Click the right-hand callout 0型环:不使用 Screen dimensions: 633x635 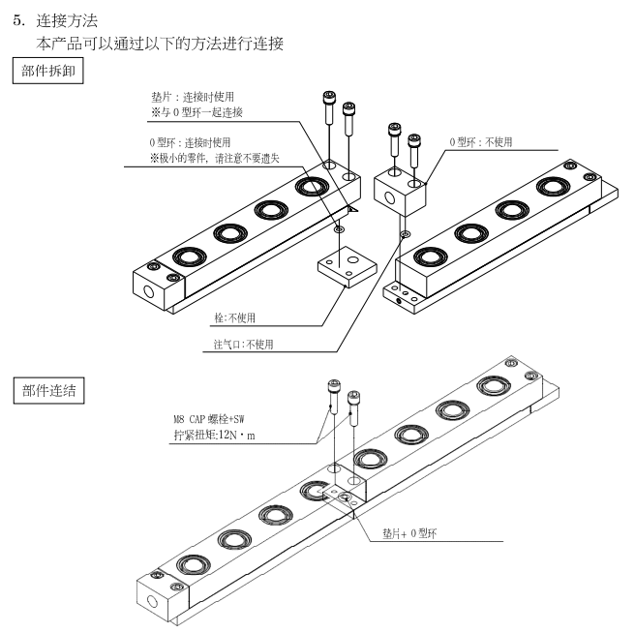click(480, 142)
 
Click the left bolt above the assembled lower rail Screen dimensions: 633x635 click(333, 393)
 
